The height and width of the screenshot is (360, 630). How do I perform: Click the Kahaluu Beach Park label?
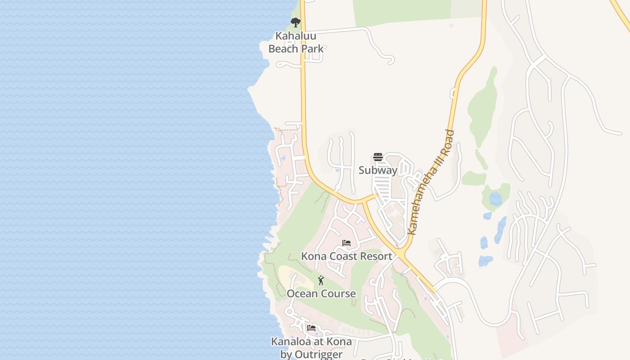click(296, 42)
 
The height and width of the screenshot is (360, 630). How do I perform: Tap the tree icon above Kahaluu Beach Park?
click(295, 22)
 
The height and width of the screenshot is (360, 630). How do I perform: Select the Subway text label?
click(378, 170)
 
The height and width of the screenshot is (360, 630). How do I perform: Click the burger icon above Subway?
click(378, 157)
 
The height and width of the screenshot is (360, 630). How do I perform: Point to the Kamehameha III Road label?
click(430, 182)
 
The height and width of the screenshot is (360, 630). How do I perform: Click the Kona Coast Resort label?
click(346, 256)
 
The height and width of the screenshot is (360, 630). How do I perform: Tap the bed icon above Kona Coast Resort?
click(346, 243)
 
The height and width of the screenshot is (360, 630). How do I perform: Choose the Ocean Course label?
click(321, 293)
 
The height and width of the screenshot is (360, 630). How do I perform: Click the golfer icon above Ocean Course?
click(321, 281)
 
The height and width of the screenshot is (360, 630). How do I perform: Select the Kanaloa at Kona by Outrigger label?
click(311, 348)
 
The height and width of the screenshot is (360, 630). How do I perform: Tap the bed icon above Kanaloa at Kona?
click(311, 328)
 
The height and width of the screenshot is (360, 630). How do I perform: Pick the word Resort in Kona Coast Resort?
click(374, 256)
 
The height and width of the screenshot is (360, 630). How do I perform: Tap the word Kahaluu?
click(296, 36)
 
